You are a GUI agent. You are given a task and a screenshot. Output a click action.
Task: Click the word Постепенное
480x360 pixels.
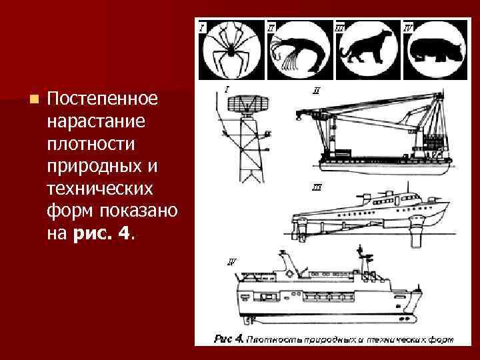point(103,99)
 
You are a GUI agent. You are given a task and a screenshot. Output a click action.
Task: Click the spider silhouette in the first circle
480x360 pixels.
point(229,51)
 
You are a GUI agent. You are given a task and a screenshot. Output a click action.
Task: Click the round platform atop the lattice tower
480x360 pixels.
point(247,104)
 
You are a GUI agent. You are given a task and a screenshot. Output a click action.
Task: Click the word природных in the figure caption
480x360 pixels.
point(323,340)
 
